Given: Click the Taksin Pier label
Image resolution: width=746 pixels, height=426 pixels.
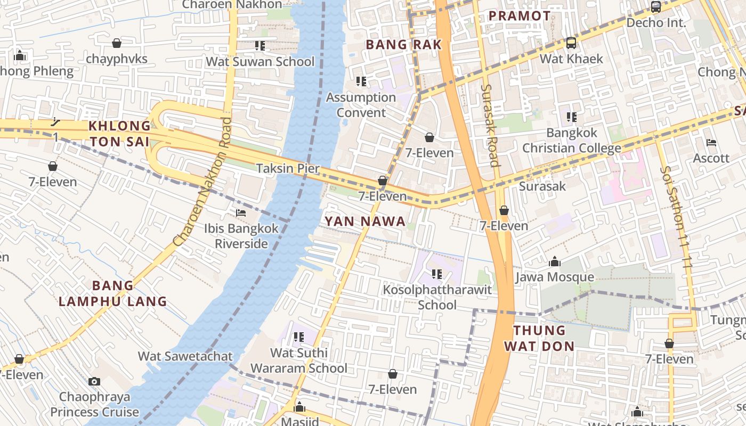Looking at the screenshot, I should click(288, 169).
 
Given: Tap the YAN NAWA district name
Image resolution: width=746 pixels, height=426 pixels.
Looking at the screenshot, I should click(365, 222).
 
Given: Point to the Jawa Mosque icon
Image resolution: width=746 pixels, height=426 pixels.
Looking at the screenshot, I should click(555, 262).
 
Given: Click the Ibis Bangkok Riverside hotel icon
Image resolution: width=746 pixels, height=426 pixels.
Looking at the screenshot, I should click(241, 213).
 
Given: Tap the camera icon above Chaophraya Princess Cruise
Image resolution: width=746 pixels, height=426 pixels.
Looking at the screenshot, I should click(94, 381).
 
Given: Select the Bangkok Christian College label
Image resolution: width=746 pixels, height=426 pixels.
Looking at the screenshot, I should click(571, 141).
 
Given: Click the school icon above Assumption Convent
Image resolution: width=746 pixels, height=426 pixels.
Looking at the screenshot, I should click(361, 81).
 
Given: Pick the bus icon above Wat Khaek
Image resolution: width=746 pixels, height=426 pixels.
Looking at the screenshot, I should click(571, 43).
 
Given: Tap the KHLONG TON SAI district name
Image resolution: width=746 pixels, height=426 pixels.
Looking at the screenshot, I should click(120, 134).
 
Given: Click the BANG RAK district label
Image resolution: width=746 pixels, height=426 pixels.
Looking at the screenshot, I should click(404, 45).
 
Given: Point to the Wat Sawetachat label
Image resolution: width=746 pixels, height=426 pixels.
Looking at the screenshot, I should click(185, 356).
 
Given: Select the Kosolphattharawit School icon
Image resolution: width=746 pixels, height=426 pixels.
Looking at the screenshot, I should click(437, 274).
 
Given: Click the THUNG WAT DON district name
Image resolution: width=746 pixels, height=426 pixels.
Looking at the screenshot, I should click(539, 338).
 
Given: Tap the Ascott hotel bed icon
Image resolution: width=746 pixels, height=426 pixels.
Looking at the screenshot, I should click(711, 143).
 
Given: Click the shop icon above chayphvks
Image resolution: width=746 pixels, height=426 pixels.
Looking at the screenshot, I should click(117, 43).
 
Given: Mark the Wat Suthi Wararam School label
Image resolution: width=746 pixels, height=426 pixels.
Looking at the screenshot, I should click(299, 361).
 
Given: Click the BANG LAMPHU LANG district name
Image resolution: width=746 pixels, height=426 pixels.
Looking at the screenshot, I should click(113, 293).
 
